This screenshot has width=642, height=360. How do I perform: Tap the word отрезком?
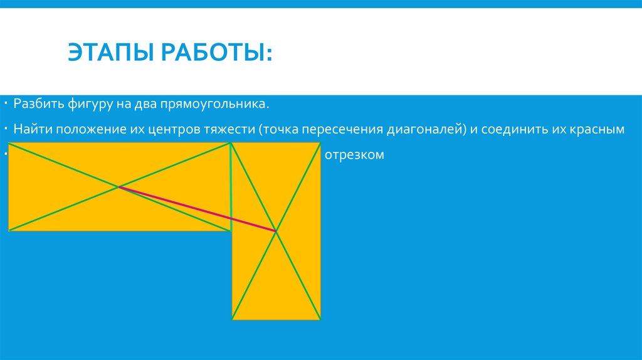click(354, 155)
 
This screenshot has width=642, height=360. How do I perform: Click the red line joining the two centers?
click(197, 209)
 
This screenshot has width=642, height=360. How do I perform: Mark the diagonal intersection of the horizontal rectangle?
click(118, 186)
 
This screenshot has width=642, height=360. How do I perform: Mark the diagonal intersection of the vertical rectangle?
click(276, 231)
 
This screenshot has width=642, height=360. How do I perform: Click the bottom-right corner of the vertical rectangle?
click(320, 319)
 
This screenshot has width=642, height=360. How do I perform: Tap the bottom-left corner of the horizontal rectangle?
click(8, 230)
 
